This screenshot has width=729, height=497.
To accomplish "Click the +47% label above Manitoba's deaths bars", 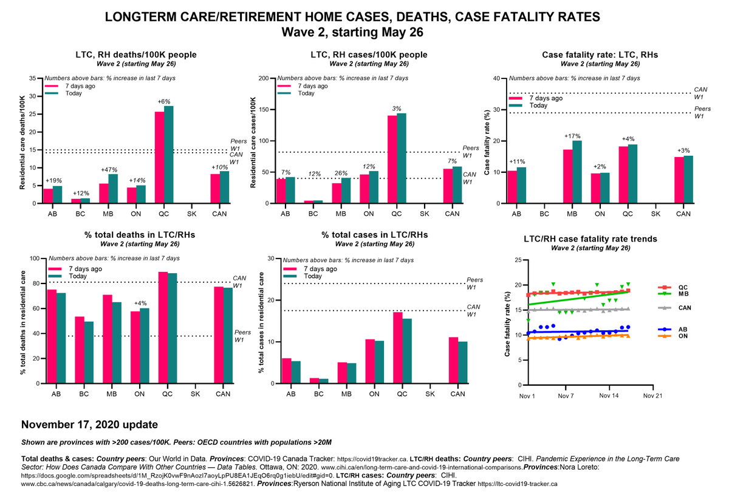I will [108, 170].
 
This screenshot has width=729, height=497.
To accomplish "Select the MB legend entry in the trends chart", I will [683, 294].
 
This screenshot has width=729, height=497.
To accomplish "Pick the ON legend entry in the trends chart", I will [683, 336].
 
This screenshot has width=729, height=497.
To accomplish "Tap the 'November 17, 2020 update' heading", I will [90, 424].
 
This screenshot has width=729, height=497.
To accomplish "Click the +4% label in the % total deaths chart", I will [140, 303].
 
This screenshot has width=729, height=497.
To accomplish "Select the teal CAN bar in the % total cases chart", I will [462, 363].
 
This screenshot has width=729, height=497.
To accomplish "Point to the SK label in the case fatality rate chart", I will [656, 215].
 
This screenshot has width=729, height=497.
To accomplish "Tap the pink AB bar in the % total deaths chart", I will [52, 336].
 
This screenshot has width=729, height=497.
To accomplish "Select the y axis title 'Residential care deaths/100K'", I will [23, 142].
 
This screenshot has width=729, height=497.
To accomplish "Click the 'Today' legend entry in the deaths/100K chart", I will [73, 93].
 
